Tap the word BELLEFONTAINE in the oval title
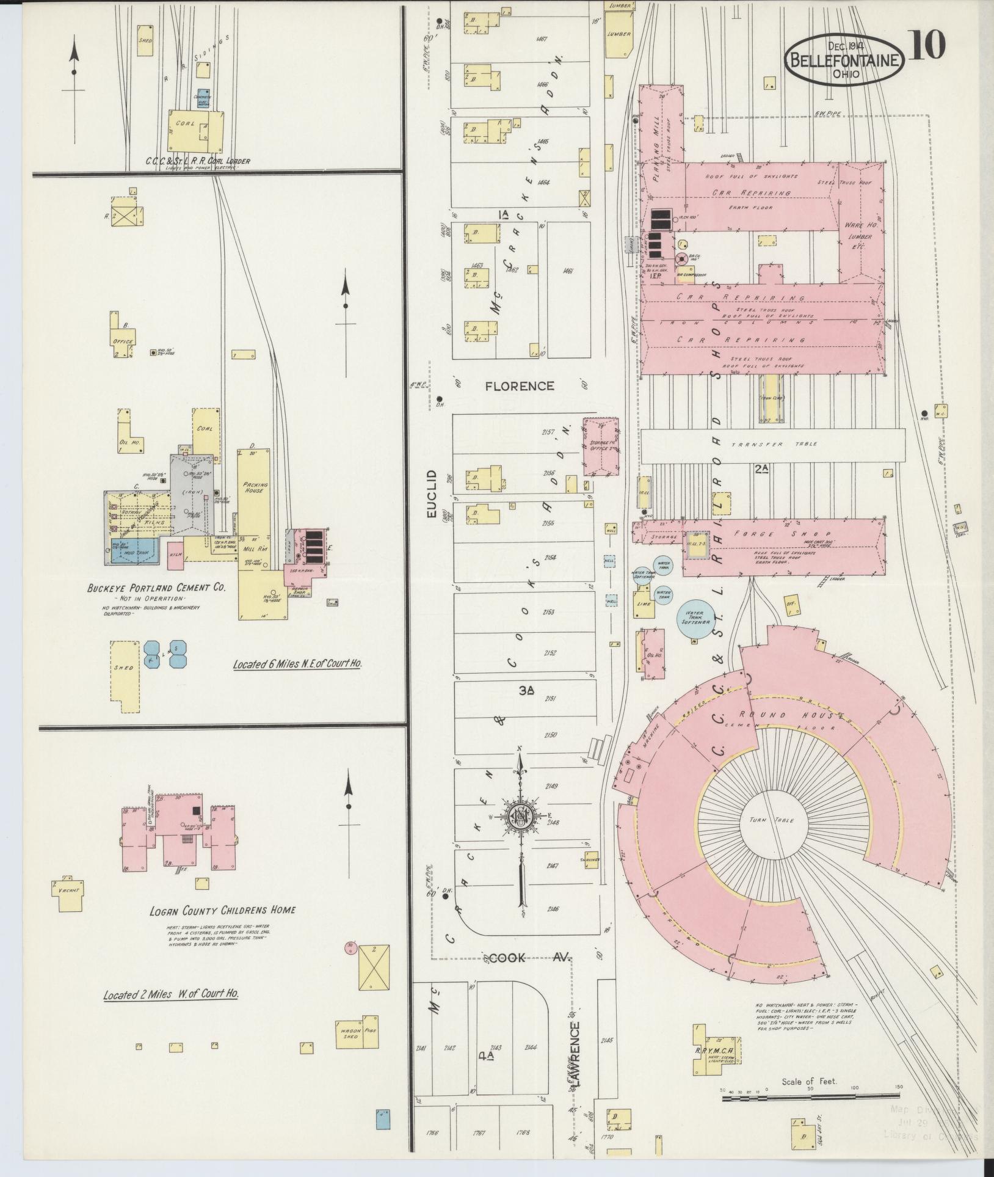pyautogui.click(x=845, y=60)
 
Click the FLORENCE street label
pyautogui.click(x=520, y=386)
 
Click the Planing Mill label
pyautogui.click(x=657, y=142)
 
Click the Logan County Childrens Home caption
pyautogui.click(x=222, y=927)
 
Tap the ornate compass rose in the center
pyautogui.click(x=520, y=816)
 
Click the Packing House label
pyautogui.click(x=254, y=486)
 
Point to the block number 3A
pyautogui.click(x=526, y=690)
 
